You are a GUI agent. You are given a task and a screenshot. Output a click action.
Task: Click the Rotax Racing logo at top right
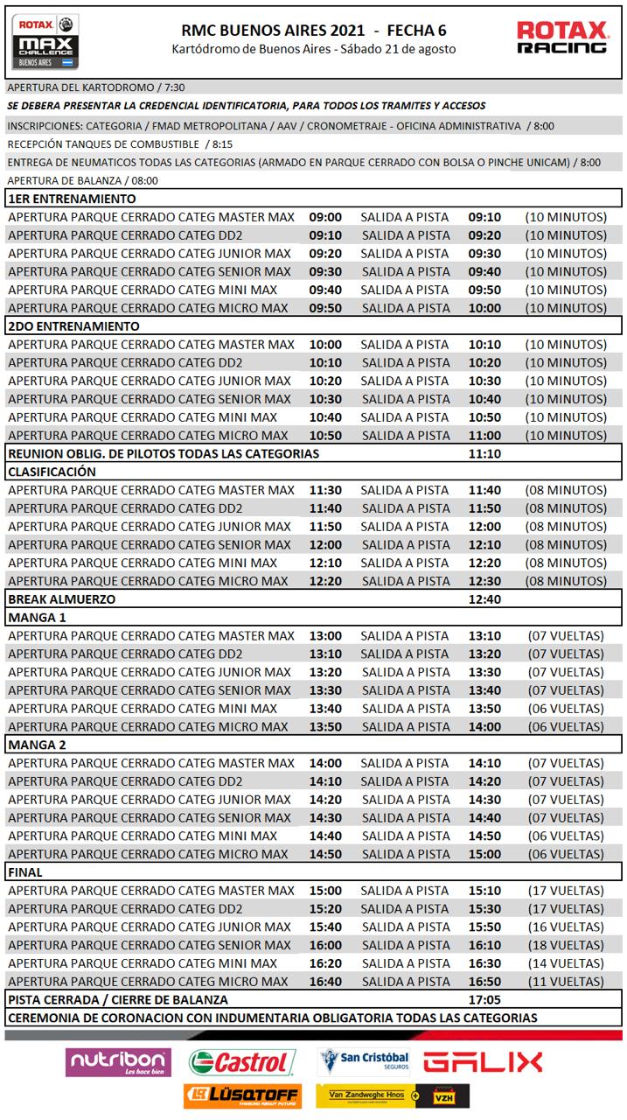(x=561, y=38)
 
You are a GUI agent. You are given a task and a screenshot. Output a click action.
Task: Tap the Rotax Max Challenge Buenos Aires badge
(x=46, y=41)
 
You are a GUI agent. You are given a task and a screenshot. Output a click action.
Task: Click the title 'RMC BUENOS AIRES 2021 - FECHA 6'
(x=313, y=29)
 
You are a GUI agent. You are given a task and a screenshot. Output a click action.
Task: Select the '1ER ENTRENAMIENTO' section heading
(x=72, y=199)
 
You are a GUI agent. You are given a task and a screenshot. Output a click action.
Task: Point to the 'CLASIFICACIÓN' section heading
(x=52, y=472)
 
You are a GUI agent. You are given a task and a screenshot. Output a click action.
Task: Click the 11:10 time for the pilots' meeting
(x=484, y=453)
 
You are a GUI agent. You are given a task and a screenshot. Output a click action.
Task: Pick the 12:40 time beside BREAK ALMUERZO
(x=484, y=599)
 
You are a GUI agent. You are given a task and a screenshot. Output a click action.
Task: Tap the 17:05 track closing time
(x=484, y=999)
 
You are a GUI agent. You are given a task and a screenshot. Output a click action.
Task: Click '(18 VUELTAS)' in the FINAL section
(x=566, y=945)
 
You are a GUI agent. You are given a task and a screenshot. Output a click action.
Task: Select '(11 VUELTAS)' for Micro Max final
(x=566, y=982)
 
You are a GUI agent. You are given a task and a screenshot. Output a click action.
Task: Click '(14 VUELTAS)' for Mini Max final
(x=566, y=963)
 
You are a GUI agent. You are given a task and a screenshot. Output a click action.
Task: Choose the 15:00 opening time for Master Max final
(x=325, y=891)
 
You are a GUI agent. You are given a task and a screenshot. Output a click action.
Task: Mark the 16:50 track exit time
(x=484, y=982)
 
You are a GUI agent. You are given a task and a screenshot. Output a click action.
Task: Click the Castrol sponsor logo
(x=241, y=1062)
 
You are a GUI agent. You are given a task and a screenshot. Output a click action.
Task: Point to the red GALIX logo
(x=483, y=1062)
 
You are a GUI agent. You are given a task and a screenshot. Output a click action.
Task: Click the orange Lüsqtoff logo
(x=242, y=1095)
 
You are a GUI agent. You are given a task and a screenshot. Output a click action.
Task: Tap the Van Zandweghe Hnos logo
(x=393, y=1095)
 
